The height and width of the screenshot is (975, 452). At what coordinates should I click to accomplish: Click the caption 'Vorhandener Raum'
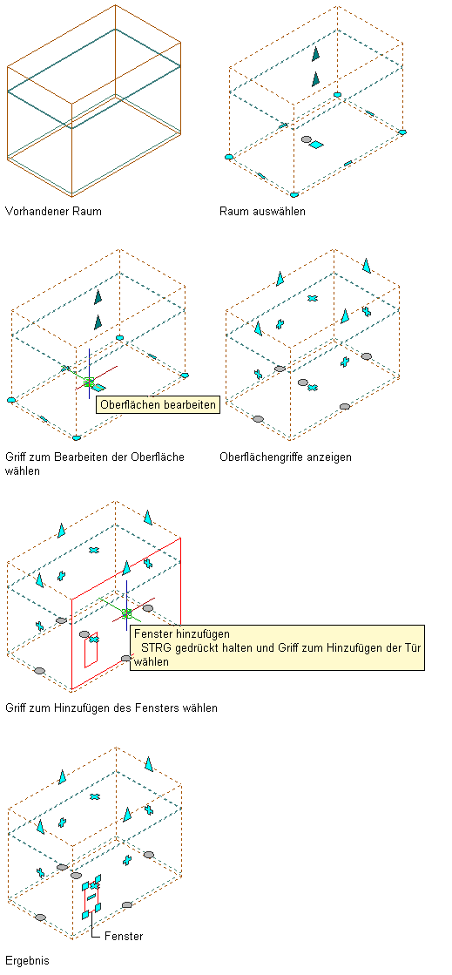tap(53, 212)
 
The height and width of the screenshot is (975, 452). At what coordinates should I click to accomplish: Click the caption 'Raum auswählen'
tap(262, 212)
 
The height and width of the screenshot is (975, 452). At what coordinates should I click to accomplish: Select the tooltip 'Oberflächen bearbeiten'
tap(158, 405)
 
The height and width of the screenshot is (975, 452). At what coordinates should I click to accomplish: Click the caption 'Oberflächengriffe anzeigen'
tap(286, 457)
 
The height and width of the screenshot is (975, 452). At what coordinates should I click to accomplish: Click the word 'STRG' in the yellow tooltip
tap(155, 648)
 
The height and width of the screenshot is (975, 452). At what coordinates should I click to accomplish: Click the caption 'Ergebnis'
tap(27, 960)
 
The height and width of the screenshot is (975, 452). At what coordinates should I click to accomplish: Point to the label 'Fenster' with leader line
tap(124, 936)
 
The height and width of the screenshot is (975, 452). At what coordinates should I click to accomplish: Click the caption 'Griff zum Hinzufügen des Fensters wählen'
tap(111, 708)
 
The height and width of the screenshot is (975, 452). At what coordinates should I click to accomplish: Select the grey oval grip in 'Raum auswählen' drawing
tap(306, 139)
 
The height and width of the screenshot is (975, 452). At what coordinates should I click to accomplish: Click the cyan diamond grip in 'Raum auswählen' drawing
tap(316, 145)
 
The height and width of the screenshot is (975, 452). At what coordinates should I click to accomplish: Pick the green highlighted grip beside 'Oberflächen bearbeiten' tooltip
tap(89, 383)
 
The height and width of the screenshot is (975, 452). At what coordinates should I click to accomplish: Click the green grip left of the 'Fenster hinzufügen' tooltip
tap(127, 613)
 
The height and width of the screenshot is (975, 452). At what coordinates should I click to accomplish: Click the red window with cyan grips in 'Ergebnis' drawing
tap(91, 897)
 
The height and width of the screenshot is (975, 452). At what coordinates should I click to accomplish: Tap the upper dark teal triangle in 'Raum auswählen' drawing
tap(315, 54)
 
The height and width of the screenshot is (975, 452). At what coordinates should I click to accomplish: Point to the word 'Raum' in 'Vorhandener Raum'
tap(87, 212)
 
